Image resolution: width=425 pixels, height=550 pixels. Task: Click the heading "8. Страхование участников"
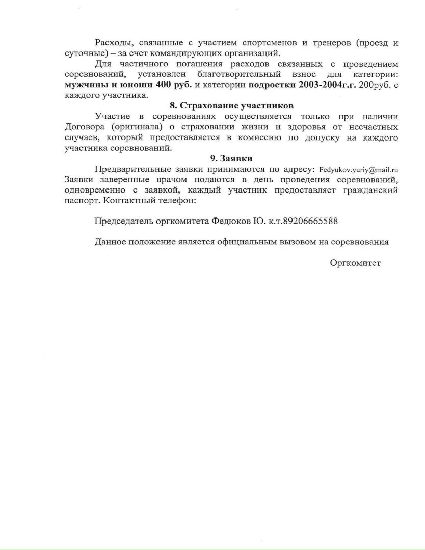pos(231,105)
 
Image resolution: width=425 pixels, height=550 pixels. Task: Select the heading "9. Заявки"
pos(231,158)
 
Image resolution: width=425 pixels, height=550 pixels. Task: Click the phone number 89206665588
pos(310,221)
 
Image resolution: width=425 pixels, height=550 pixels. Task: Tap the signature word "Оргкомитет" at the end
pos(355,263)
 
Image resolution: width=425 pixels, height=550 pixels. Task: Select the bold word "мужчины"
pos(83,85)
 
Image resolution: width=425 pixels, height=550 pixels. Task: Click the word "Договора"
pos(84,127)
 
